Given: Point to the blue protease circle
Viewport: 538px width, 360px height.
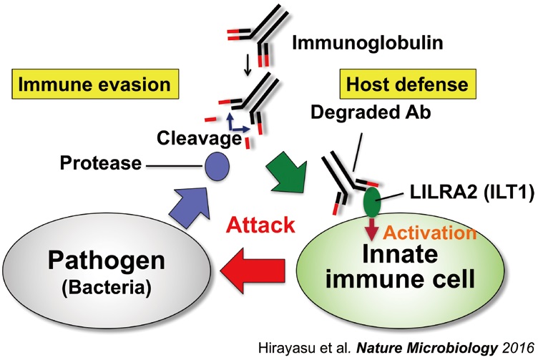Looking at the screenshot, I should click(215, 165).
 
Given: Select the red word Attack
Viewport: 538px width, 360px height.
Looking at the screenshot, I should click(261, 226).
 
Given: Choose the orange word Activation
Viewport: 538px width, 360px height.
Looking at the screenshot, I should click(430, 233).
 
